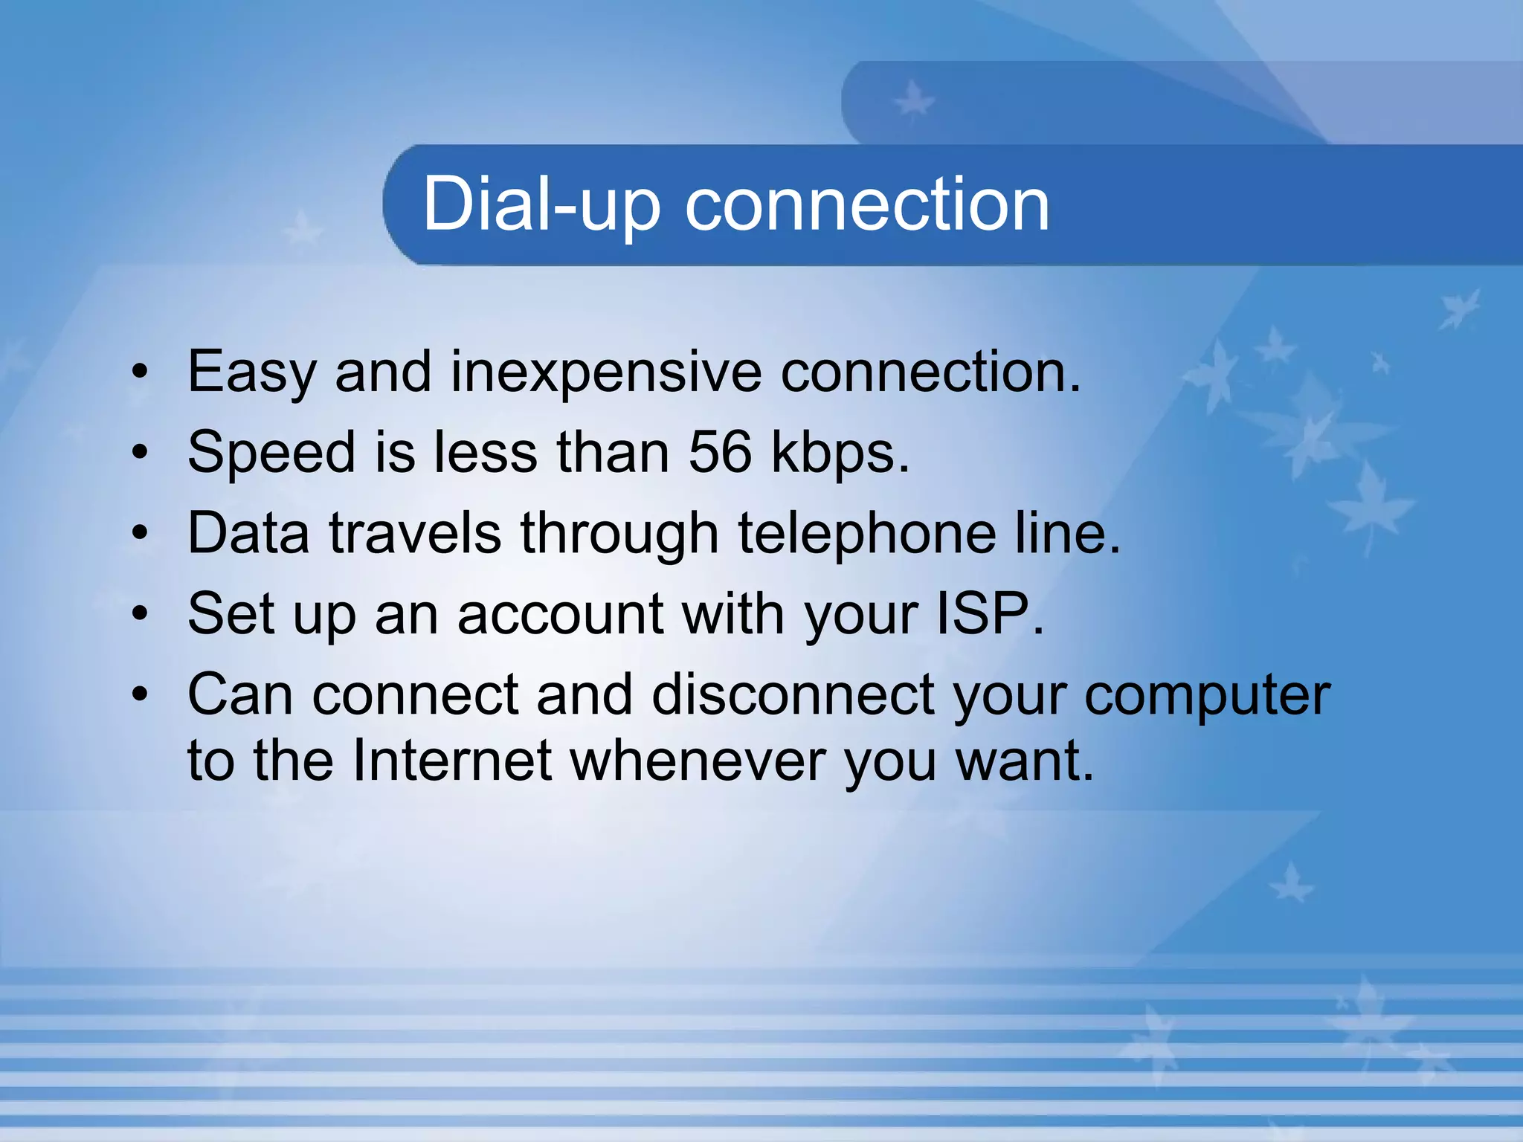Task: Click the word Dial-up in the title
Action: [x=541, y=204]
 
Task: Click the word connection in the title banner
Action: [x=866, y=204]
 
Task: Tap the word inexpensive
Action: [x=606, y=372]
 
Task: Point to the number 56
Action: [x=720, y=452]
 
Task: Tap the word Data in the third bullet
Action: [x=248, y=533]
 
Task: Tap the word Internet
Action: [x=451, y=761]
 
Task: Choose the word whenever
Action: [x=698, y=761]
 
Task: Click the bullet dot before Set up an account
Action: [x=141, y=614]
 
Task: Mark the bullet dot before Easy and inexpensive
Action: [x=141, y=372]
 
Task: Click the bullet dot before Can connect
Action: [x=141, y=694]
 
